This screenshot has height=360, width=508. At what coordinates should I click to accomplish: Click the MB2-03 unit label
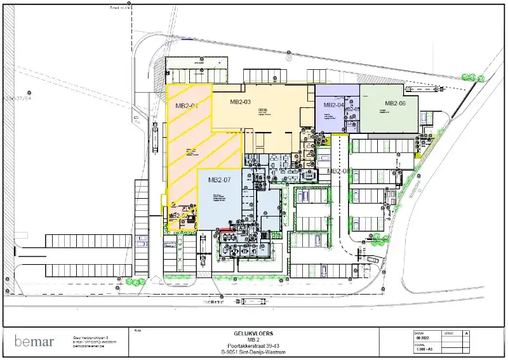pyautogui.click(x=241, y=102)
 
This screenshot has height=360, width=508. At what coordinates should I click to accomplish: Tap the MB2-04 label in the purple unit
pyautogui.click(x=333, y=105)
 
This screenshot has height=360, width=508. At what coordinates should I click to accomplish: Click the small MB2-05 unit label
pyautogui.click(x=352, y=109)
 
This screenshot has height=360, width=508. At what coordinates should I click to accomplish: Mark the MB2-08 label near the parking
pyautogui.click(x=338, y=171)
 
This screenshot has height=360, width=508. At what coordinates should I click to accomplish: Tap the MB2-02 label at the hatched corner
pyautogui.click(x=178, y=216)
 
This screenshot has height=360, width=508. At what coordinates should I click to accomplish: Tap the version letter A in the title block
pyautogui.click(x=467, y=333)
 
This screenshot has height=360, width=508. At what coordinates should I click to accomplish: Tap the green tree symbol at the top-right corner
pyautogui.click(x=469, y=77)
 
